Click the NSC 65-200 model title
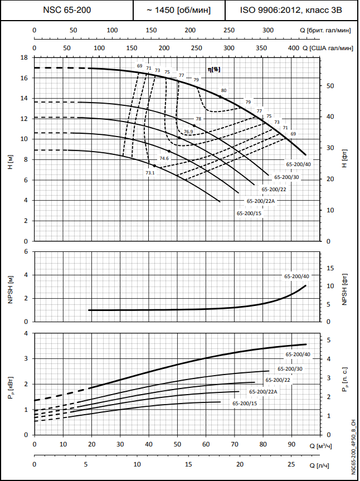(x=67, y=10)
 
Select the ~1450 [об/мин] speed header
(x=178, y=10)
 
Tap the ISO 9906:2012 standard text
(x=291, y=10)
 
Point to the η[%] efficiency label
(x=213, y=69)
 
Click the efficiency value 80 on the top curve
(x=224, y=90)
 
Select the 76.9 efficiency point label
(x=188, y=132)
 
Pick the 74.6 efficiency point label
(x=164, y=158)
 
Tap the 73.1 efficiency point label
(x=150, y=173)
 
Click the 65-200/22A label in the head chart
(x=260, y=201)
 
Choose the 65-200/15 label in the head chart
(x=250, y=213)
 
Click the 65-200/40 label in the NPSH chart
(x=296, y=276)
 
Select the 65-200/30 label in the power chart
(x=290, y=369)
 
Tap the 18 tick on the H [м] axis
(x=24, y=57)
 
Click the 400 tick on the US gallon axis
(x=294, y=48)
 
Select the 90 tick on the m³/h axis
(x=291, y=445)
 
